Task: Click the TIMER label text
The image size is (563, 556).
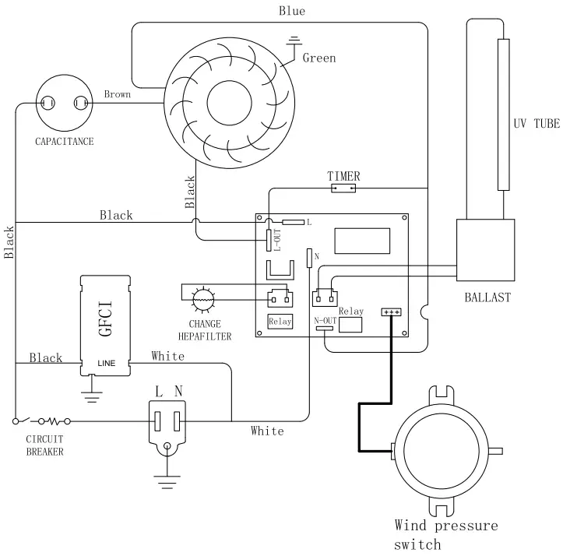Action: click(343, 177)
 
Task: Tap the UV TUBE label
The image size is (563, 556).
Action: click(537, 125)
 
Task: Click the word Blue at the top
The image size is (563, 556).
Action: click(292, 11)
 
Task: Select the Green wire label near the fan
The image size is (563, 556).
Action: click(318, 58)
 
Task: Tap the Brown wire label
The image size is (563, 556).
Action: click(118, 95)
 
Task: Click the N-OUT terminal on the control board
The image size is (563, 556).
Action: click(323, 328)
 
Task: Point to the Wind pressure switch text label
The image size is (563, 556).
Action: click(445, 534)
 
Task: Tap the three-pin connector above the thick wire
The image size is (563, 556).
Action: click(391, 311)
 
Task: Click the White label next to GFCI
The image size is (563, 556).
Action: click(168, 356)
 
